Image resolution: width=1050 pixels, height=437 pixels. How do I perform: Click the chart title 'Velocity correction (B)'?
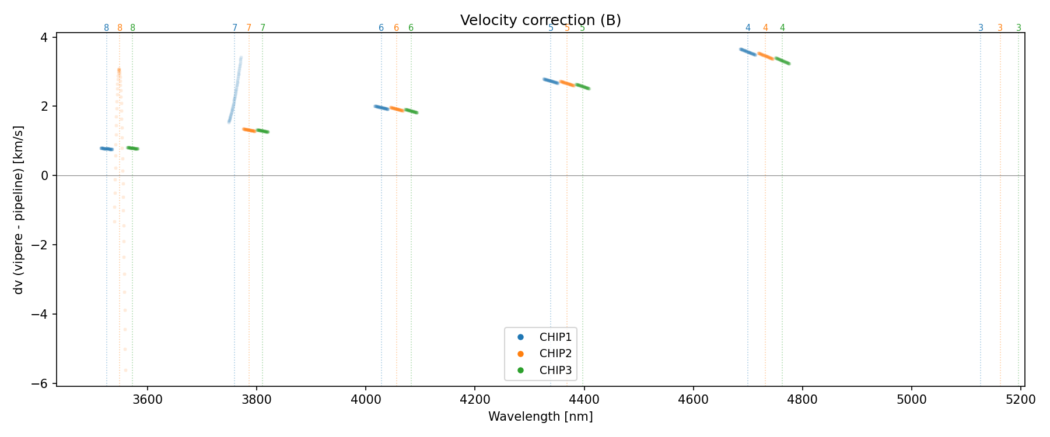coord(540,20)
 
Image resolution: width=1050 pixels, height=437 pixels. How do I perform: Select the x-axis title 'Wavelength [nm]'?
coord(540,417)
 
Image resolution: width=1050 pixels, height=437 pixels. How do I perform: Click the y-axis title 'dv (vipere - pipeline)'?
coord(19,210)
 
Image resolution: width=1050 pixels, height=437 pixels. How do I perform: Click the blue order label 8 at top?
coord(106,28)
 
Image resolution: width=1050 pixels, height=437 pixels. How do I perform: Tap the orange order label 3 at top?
coord(1000,28)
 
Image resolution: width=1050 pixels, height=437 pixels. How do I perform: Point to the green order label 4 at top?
coord(782,28)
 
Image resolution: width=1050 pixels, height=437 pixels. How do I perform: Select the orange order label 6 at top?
coord(396,28)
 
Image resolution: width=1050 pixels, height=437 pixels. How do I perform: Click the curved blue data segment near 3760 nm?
coord(235,93)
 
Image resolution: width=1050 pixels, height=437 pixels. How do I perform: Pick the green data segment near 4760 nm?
coord(783,61)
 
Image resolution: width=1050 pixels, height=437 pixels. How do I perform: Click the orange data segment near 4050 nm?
coord(397,109)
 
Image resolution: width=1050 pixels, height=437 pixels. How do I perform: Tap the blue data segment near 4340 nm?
coord(551,81)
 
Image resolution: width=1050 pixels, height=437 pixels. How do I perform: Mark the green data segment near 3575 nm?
coord(133,149)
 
